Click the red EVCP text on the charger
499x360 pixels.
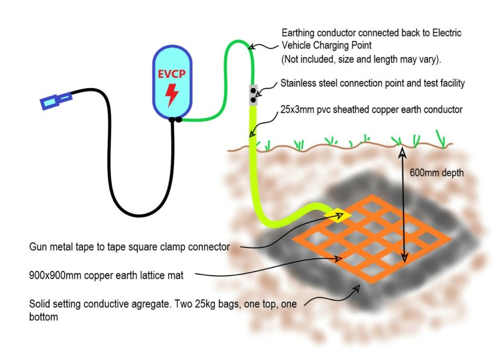click(x=172, y=74)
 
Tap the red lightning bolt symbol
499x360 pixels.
click(x=172, y=95)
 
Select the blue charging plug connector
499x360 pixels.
click(x=56, y=100)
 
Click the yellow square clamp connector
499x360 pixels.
click(x=338, y=215)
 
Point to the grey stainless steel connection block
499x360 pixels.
click(x=253, y=95)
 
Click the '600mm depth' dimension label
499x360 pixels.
click(x=437, y=173)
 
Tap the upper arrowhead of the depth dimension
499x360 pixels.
click(x=403, y=152)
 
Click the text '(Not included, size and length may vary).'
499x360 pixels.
click(x=361, y=59)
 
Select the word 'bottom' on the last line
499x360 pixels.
click(x=43, y=317)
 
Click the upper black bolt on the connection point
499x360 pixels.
click(x=253, y=91)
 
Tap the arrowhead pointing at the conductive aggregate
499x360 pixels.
click(x=357, y=288)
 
